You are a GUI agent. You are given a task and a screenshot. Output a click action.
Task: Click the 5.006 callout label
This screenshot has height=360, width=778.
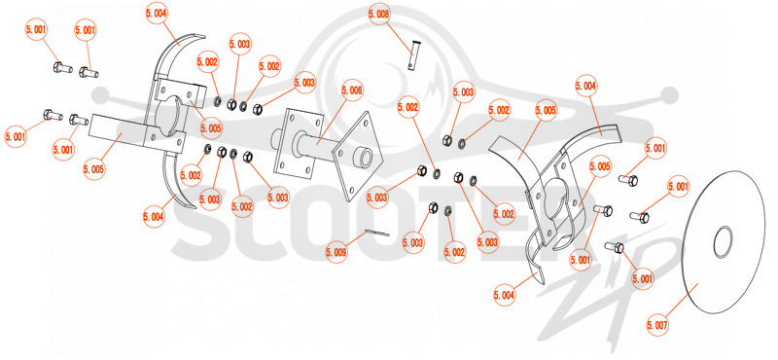[x=352, y=91]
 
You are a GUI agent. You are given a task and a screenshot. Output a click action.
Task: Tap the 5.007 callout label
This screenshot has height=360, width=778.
[x=658, y=325]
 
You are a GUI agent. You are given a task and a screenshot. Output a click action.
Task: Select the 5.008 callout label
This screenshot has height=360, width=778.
[x=379, y=15]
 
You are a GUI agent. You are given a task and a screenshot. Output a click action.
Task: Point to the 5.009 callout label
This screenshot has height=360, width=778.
[x=336, y=252]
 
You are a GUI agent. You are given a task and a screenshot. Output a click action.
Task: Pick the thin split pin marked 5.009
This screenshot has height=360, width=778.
[x=377, y=233]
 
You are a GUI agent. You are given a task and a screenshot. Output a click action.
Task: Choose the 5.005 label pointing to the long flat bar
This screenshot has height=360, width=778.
[x=94, y=169]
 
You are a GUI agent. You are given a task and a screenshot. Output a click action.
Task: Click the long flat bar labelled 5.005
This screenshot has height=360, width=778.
[x=119, y=131]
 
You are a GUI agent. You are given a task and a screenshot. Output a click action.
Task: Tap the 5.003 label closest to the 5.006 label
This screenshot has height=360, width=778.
[x=304, y=83]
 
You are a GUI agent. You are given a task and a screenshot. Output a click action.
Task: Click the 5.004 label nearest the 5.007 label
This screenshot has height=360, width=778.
[x=505, y=295]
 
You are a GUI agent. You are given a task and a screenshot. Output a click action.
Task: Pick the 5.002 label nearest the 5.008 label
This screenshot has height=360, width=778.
[x=410, y=107]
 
